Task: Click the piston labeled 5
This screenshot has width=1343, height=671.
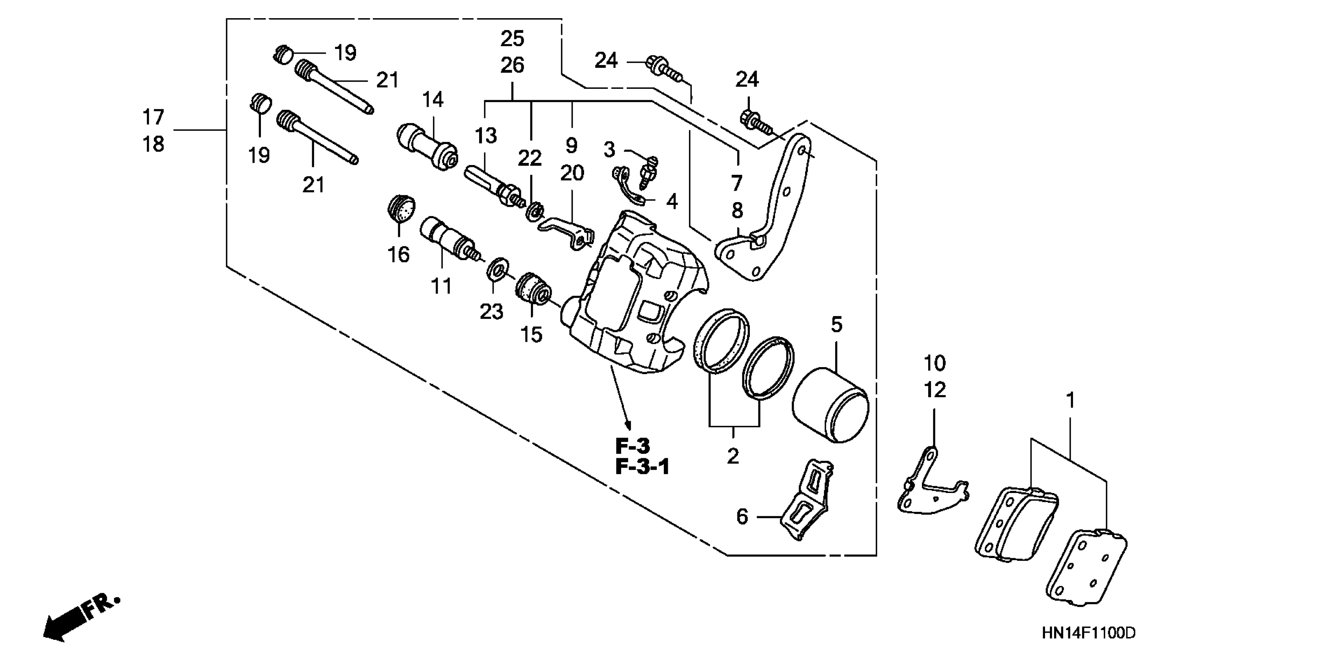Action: point(830,406)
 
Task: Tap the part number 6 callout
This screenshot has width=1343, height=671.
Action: point(742,517)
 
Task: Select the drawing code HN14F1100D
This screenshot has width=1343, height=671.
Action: point(1088,634)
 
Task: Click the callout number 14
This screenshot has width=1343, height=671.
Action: point(433,99)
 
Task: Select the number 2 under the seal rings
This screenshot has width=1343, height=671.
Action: point(733,456)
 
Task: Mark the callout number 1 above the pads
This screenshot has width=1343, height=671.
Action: point(1070,400)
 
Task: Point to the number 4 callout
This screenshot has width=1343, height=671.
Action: point(672,201)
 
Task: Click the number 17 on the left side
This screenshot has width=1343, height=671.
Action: point(153,117)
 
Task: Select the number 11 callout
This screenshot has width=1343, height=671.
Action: point(441,286)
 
